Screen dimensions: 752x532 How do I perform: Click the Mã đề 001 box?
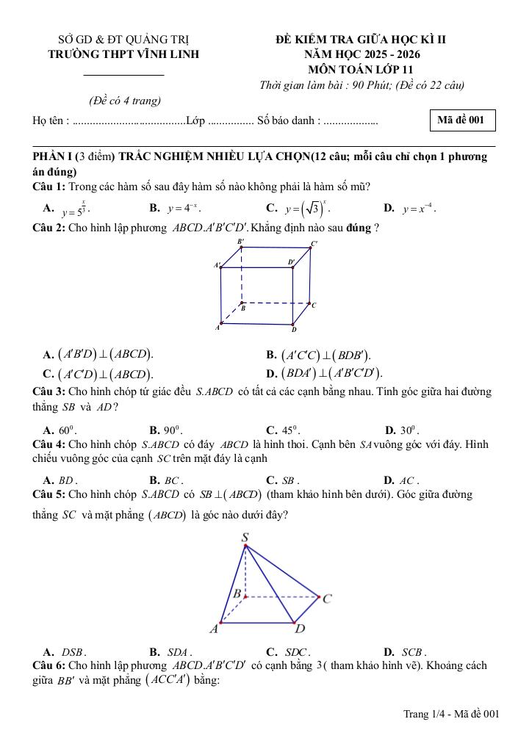[x=461, y=121]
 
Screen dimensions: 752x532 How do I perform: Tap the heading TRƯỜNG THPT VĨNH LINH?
[x=123, y=54]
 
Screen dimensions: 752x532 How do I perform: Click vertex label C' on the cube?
[x=314, y=244]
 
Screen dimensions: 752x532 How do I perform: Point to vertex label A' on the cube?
[x=217, y=265]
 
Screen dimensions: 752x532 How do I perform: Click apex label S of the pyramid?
[x=245, y=538]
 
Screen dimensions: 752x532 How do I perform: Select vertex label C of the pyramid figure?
[x=327, y=599]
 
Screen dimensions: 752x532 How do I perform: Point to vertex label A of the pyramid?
[x=214, y=629]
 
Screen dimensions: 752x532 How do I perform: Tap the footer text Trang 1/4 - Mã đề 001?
[x=451, y=713]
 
